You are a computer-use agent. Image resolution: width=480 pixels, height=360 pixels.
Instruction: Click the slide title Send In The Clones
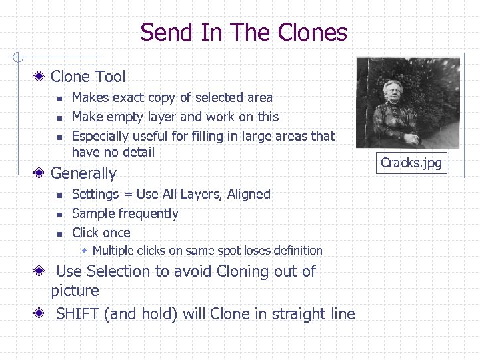(x=243, y=32)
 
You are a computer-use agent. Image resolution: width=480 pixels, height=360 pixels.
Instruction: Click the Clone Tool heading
(x=88, y=77)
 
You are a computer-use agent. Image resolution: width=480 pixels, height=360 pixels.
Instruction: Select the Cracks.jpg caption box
(x=411, y=163)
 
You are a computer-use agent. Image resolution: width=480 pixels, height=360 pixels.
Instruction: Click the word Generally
(x=83, y=173)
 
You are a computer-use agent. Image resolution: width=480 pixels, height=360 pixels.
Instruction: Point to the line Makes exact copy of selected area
(x=172, y=97)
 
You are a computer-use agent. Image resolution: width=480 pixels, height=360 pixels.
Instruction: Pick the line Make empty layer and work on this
(x=175, y=117)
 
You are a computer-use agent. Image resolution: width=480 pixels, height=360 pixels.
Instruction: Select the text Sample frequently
(x=125, y=213)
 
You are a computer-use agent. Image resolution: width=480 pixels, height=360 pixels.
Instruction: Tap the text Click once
(x=101, y=233)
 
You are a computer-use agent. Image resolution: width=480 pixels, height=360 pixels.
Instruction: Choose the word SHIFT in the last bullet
(x=78, y=314)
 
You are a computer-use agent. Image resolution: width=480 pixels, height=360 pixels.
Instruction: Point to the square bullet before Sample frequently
(x=59, y=214)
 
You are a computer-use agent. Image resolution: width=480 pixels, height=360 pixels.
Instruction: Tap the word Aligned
(x=249, y=194)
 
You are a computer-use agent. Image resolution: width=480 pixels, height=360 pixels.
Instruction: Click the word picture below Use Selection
(x=75, y=291)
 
